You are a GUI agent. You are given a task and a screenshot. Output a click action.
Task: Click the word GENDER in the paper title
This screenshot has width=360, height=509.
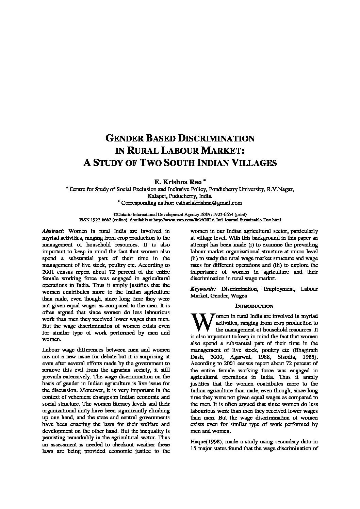pos(124,138)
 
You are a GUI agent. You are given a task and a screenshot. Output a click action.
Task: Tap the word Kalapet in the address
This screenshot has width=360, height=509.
pos(156,196)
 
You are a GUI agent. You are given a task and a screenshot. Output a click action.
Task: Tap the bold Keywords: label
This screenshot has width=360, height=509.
pos(203,289)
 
